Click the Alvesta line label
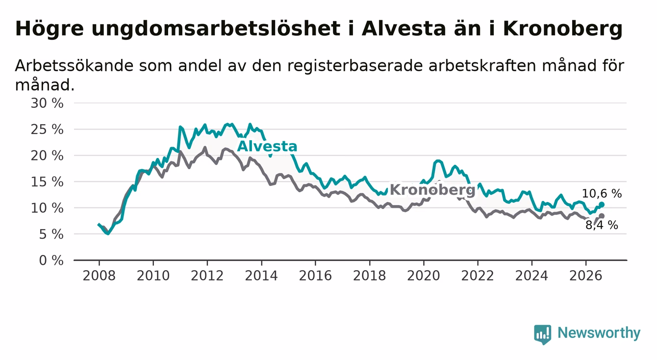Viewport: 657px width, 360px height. point(267,147)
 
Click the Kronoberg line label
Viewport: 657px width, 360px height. point(432,190)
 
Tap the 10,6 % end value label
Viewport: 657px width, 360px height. point(602,194)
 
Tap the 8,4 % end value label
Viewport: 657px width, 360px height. point(602,225)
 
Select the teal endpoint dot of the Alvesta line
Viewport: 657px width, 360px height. point(602,205)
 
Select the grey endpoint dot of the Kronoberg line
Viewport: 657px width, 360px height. point(602,216)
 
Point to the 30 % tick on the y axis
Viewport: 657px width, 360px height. point(47,103)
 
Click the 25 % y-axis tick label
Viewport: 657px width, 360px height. point(47,129)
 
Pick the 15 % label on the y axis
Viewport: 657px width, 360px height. point(47,182)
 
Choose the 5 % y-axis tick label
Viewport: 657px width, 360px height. point(51,234)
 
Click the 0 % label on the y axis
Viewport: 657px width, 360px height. point(51,260)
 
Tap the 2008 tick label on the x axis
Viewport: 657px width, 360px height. point(99,276)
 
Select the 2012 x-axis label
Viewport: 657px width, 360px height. point(207,276)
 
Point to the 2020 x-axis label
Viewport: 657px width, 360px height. point(424,276)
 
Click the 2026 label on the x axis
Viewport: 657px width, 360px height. point(586,276)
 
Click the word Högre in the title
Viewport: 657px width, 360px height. point(50,29)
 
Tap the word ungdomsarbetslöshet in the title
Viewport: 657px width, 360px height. point(216,29)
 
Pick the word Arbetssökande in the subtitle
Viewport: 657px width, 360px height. point(75,65)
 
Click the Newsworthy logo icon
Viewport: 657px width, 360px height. point(543,334)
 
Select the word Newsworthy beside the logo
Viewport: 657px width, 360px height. point(599,333)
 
